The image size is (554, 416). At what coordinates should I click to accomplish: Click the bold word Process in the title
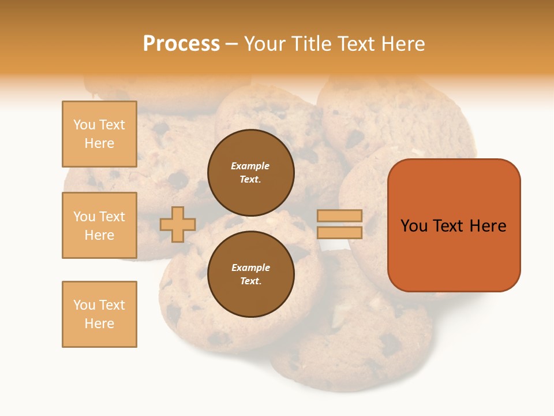181,44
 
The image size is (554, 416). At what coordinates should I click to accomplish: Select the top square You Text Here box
99,134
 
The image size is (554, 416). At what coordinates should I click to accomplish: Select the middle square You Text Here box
99,225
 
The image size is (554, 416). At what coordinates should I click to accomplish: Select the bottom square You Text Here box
99,314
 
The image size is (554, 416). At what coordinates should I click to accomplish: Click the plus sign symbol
178,224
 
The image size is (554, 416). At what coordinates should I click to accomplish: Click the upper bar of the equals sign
340,216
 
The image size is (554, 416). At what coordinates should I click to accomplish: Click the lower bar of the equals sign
340,233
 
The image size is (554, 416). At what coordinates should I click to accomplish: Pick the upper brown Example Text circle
251,173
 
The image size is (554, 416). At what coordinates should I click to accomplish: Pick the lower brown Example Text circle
251,274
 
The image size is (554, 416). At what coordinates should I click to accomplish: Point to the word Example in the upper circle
250,166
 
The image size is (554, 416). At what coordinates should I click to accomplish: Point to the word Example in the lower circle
250,268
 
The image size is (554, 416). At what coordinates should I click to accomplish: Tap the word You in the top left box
84,125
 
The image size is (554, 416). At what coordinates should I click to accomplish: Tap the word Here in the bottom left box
99,324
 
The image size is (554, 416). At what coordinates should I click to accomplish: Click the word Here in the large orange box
488,226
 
